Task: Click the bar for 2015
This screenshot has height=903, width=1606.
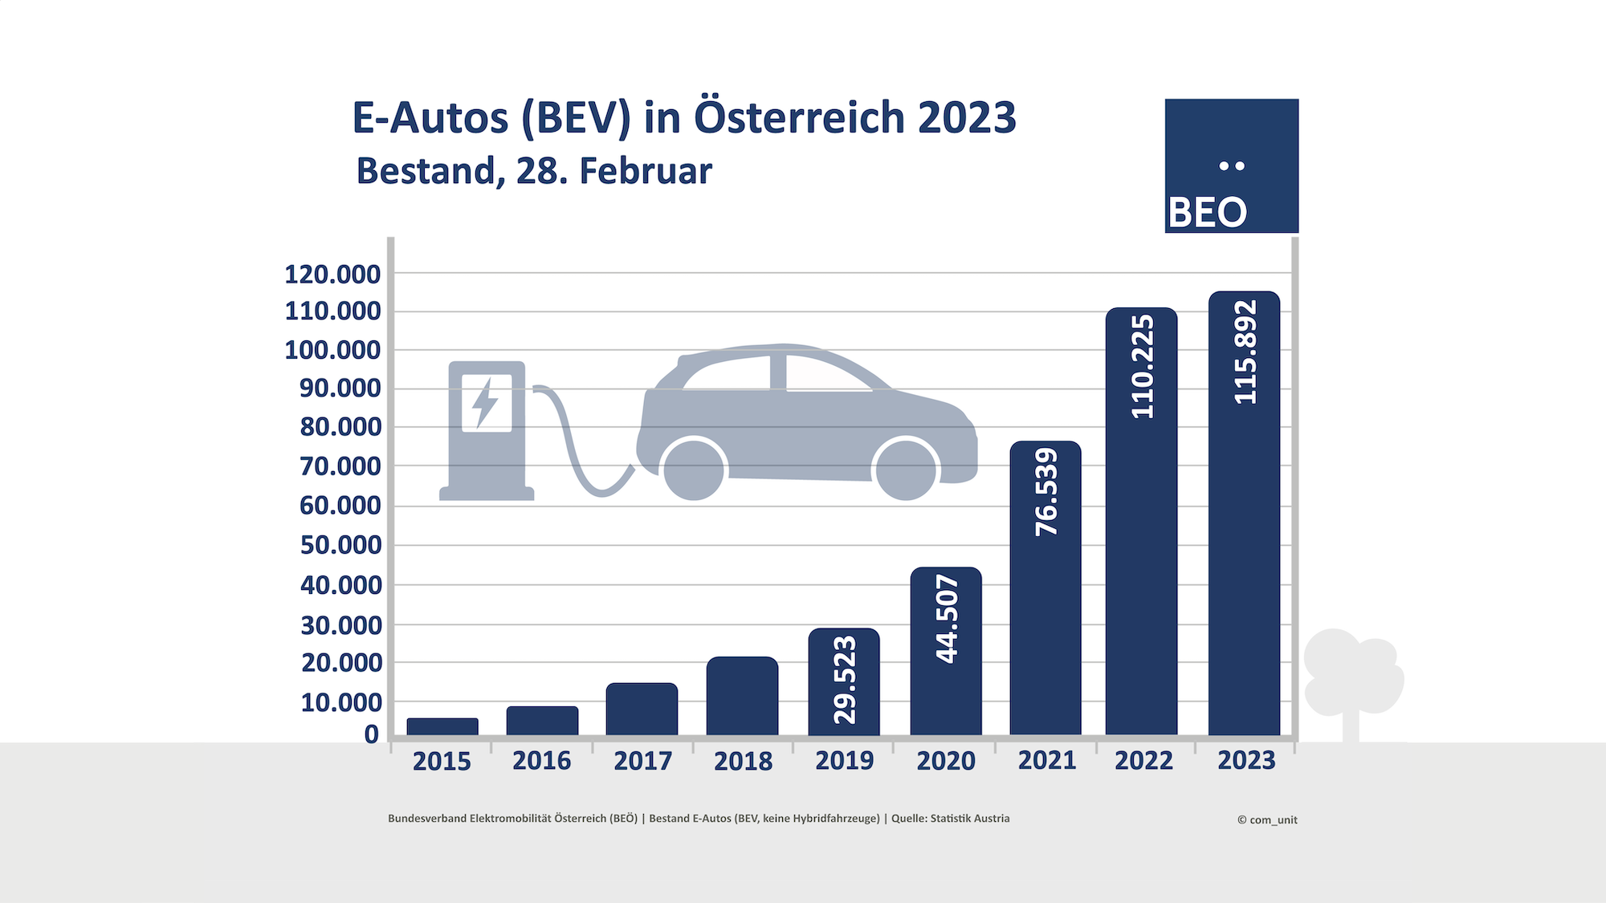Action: (442, 726)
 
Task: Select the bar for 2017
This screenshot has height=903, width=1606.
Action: (642, 709)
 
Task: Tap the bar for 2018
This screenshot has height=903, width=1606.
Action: (742, 696)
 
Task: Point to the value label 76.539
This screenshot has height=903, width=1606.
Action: (1046, 491)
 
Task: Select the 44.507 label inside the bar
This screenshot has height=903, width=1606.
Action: (947, 618)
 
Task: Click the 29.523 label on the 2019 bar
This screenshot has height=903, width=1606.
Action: (845, 680)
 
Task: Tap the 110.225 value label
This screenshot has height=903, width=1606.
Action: (1142, 367)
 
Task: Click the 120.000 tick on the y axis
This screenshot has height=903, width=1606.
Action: (332, 275)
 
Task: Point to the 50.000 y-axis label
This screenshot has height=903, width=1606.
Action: (340, 545)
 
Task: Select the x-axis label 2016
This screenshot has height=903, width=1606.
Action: (542, 761)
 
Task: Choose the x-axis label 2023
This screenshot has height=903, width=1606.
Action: (1246, 760)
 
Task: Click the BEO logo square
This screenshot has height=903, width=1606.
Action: (1231, 166)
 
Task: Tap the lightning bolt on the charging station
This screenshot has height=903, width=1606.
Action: (485, 402)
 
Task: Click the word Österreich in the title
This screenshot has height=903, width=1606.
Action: (799, 118)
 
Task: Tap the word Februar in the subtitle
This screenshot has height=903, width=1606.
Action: (646, 171)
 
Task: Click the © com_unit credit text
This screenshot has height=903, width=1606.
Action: (1267, 820)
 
